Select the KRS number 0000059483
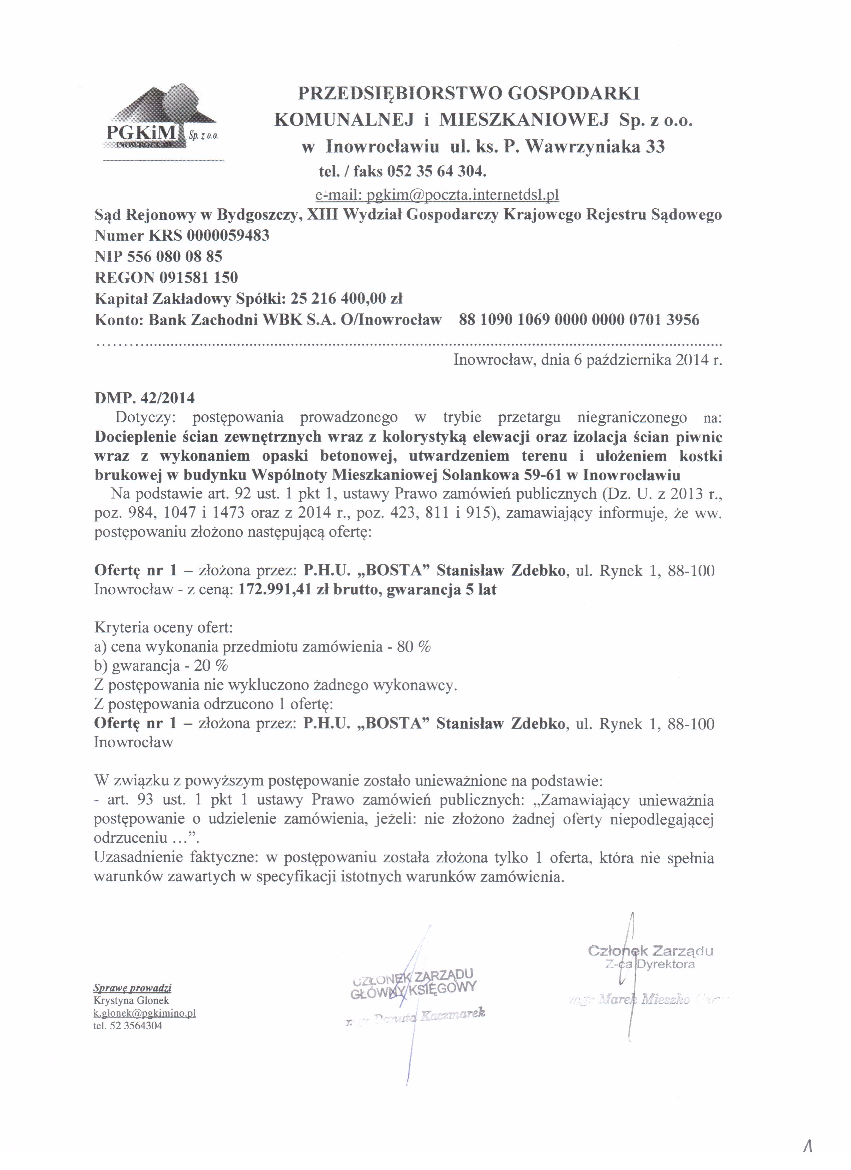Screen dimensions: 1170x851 point(228,236)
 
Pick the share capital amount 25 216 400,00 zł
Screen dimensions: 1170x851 point(346,299)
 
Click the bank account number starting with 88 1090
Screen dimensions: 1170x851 point(579,320)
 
